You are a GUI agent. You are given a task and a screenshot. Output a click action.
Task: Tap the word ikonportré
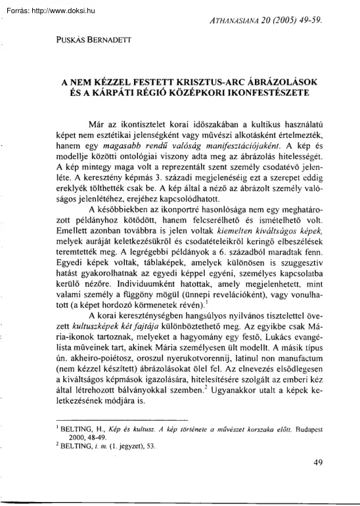[x=164, y=198]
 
